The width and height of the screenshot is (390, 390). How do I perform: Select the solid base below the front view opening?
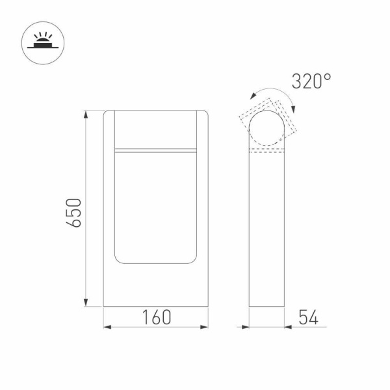pyautogui.click(x=156, y=286)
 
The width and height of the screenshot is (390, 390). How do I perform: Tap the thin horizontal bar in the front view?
pyautogui.click(x=156, y=151)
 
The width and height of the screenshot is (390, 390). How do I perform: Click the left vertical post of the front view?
pyautogui.click(x=110, y=195)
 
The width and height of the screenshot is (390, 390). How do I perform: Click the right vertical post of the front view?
pyautogui.click(x=203, y=195)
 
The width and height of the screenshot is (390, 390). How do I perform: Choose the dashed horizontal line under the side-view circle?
pyautogui.click(x=268, y=153)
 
